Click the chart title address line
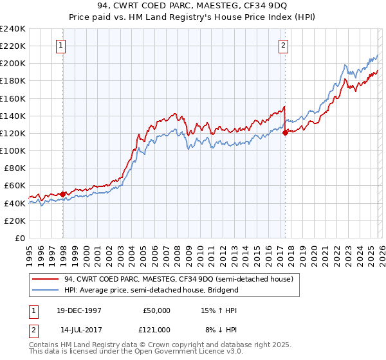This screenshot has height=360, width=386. tap(193, 7)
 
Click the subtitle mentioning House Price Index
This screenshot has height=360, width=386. tap(193, 18)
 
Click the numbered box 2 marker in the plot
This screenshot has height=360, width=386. tap(283, 46)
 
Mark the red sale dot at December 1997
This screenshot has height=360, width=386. tap(62, 194)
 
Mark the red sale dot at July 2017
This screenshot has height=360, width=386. tap(285, 132)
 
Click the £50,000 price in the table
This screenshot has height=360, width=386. tap(156, 309)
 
